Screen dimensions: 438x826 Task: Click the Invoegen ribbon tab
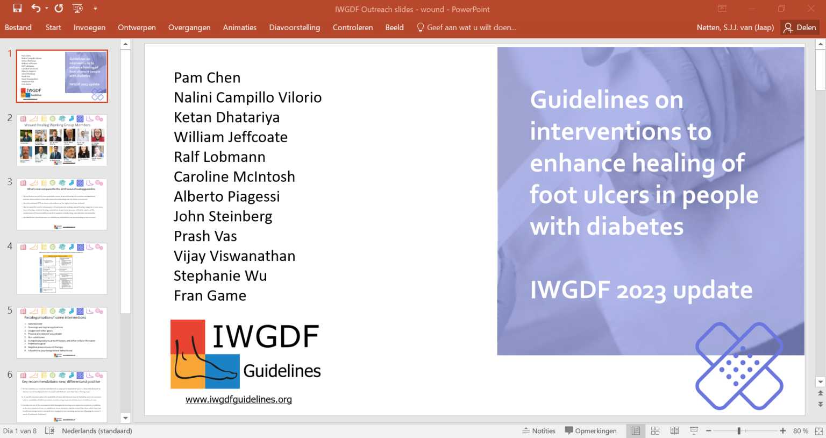tap(89, 27)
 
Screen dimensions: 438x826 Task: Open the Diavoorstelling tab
tap(294, 27)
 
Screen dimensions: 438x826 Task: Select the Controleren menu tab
tap(353, 27)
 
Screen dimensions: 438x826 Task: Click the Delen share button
tap(800, 27)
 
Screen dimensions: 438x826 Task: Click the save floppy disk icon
tap(17, 9)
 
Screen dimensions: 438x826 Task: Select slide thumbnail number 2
tap(62, 140)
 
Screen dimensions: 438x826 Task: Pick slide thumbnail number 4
tap(62, 269)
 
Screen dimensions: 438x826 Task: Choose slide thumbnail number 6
tap(62, 397)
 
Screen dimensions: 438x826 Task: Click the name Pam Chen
tap(207, 78)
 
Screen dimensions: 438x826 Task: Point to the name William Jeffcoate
tap(231, 137)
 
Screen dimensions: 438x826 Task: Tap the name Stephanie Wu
tap(220, 276)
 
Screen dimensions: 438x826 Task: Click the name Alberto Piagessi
tap(227, 197)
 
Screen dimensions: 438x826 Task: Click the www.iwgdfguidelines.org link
tap(239, 399)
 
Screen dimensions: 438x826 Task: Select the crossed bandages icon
tap(739, 366)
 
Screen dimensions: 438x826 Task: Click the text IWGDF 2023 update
tap(641, 291)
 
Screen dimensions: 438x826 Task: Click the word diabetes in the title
tap(635, 227)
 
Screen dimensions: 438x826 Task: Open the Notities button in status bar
tap(539, 431)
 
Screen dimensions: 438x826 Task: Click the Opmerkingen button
tap(590, 431)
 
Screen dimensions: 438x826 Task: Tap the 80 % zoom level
tap(800, 431)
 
